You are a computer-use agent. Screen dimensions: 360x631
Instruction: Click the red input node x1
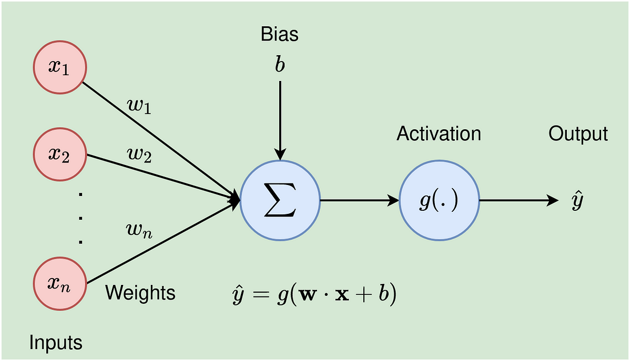tap(59, 69)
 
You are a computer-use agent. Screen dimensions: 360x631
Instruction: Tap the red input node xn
tap(59, 284)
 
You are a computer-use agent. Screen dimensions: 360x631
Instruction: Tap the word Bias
tap(280, 35)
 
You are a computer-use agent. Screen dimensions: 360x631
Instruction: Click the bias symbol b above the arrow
tap(280, 66)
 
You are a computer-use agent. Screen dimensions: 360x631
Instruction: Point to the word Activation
tap(439, 133)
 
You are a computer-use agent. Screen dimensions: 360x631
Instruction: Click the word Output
tap(578, 133)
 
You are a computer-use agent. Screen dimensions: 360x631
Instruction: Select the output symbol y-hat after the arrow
tap(577, 201)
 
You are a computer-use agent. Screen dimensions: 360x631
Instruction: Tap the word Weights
tap(140, 292)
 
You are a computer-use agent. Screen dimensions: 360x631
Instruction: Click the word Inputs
tap(56, 343)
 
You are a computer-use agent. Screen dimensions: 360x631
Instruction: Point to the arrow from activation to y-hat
tap(518, 200)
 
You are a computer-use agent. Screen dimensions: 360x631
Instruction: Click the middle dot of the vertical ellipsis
tap(80, 218)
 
